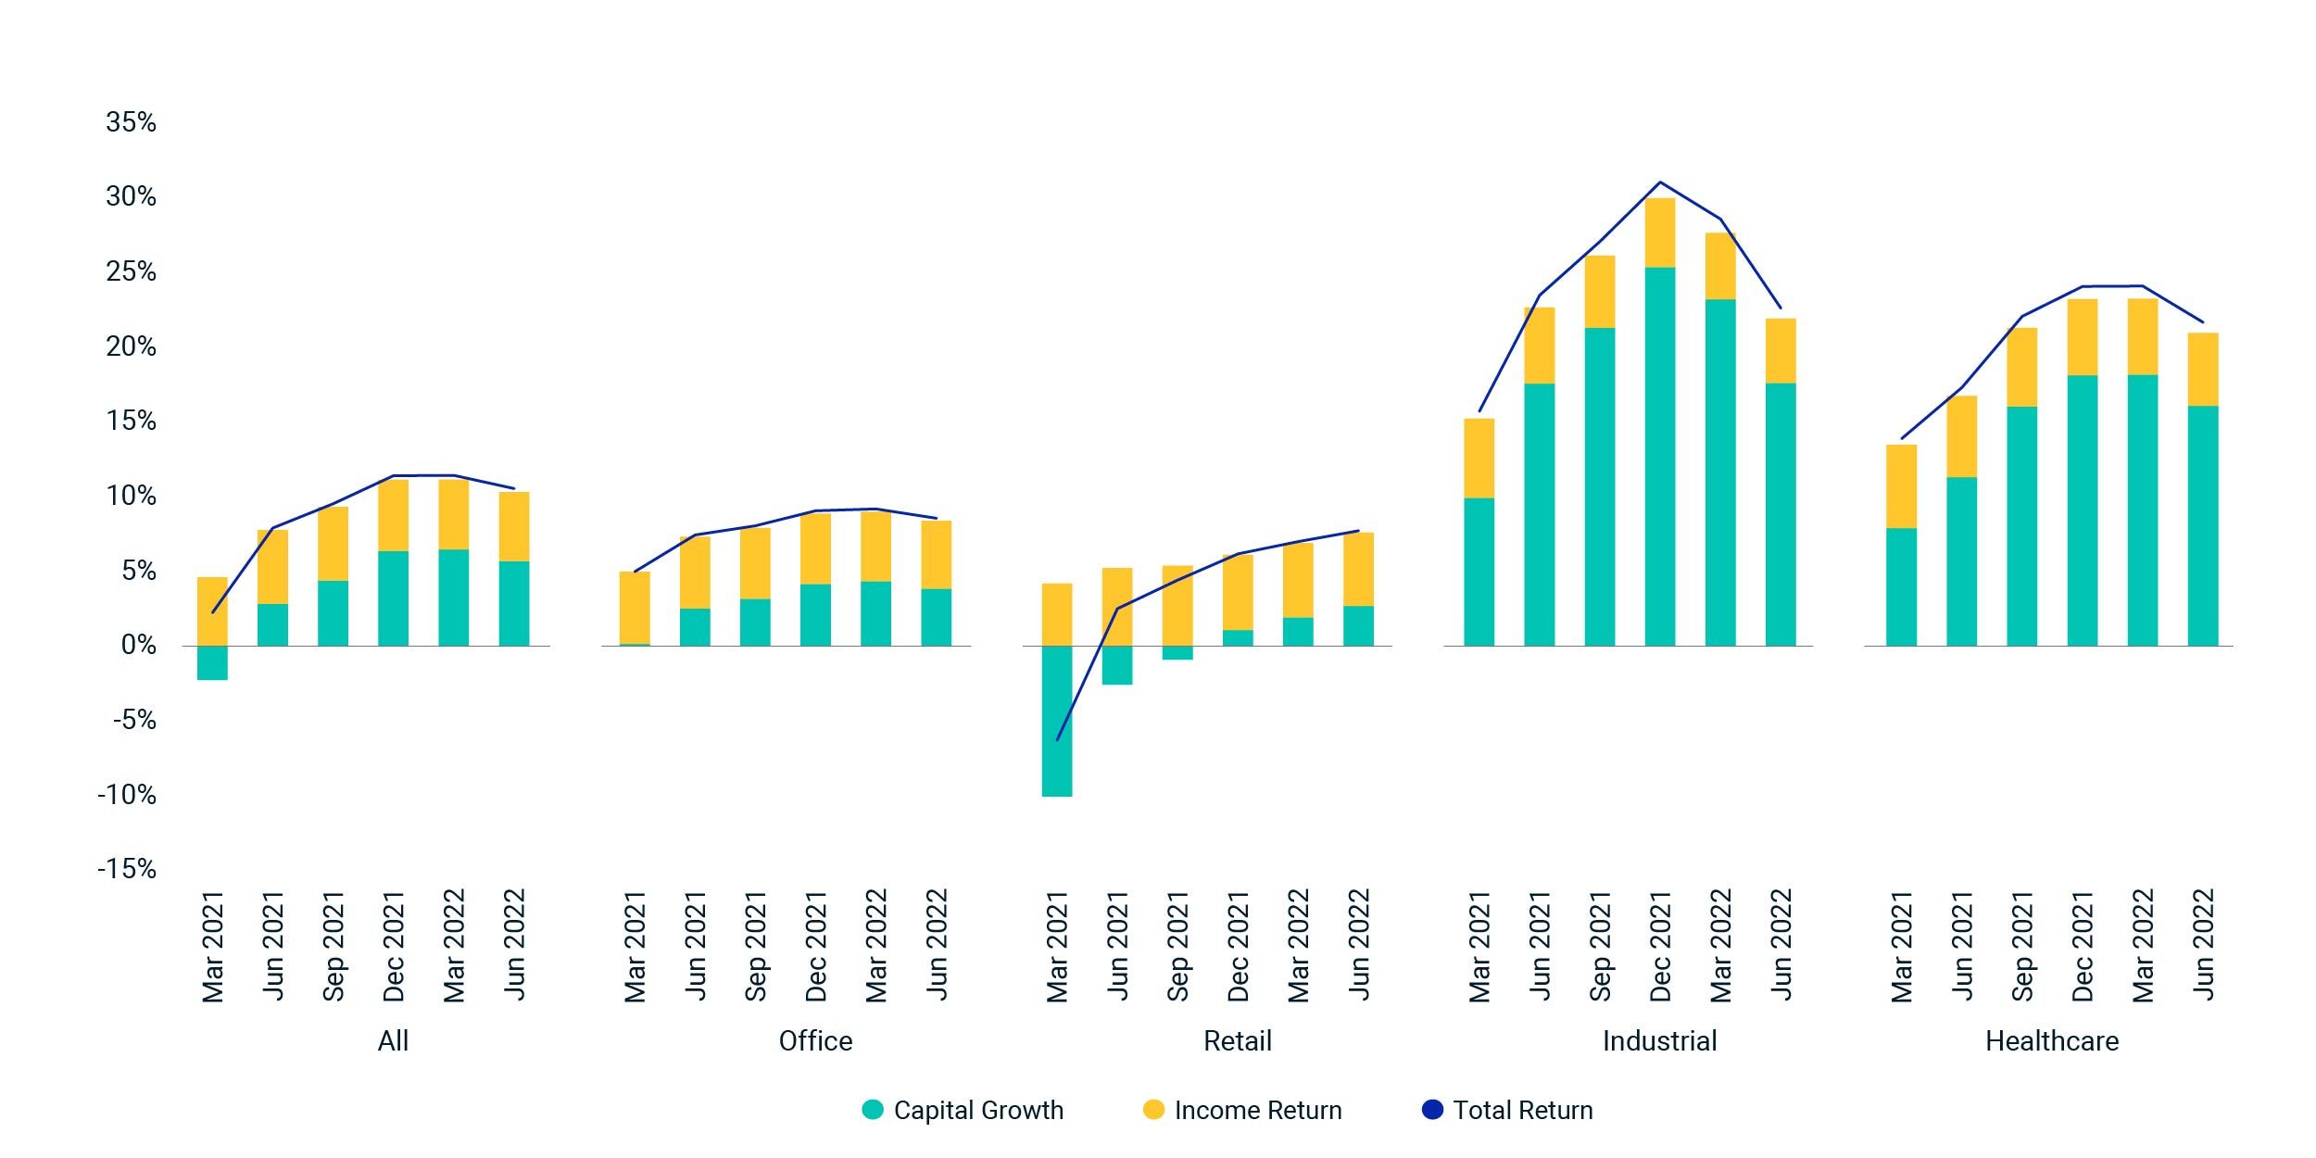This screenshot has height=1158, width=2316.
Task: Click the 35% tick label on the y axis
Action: pos(131,122)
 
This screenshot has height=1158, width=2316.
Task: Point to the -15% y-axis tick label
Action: pos(127,869)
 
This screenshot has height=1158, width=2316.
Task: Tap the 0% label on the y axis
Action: pos(138,646)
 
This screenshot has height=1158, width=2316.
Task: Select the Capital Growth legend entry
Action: pos(963,1110)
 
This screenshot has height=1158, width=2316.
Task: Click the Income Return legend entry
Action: pos(1243,1110)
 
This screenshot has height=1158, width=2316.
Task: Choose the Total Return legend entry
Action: pos(1508,1110)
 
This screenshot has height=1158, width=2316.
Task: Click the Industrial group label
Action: pos(1659,1041)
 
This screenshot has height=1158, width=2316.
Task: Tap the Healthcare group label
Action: pos(2052,1041)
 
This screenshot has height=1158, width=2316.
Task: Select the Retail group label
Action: pos(1237,1041)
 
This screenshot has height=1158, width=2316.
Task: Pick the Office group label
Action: pos(815,1041)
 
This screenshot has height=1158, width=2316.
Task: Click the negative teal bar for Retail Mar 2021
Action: pos(1057,721)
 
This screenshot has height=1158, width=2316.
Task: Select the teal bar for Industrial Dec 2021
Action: pos(1660,456)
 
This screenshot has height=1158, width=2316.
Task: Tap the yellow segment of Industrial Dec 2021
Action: pos(1660,233)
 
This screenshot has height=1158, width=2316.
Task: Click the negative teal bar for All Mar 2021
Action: pos(212,662)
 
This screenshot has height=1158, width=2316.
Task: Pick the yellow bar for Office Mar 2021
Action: pos(635,608)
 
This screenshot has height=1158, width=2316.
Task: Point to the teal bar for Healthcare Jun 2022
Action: pos(2203,525)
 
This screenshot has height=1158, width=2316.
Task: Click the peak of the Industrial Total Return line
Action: pos(1660,183)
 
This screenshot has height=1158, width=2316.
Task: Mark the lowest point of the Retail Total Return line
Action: pos(1057,740)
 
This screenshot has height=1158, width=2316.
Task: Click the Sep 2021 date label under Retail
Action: pos(1177,946)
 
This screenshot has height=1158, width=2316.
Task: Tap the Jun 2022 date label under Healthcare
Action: pos(2203,945)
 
